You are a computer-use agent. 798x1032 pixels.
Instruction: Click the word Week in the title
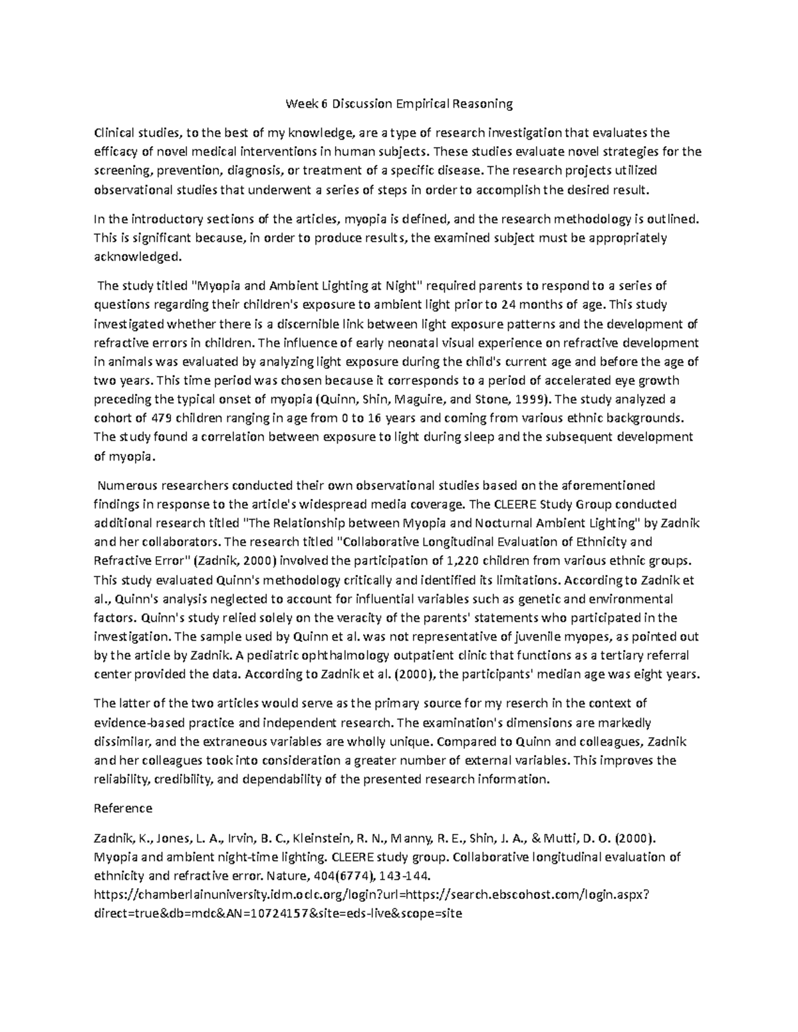303,104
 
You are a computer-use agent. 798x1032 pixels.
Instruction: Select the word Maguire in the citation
421,399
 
